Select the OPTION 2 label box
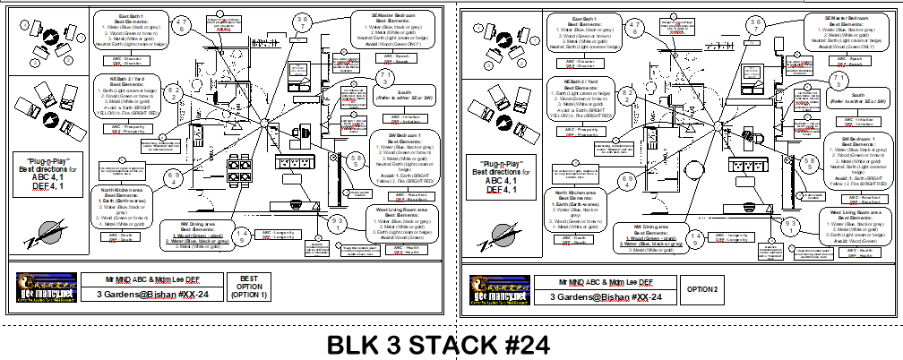coord(703,289)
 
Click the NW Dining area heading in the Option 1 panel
coord(193,225)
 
